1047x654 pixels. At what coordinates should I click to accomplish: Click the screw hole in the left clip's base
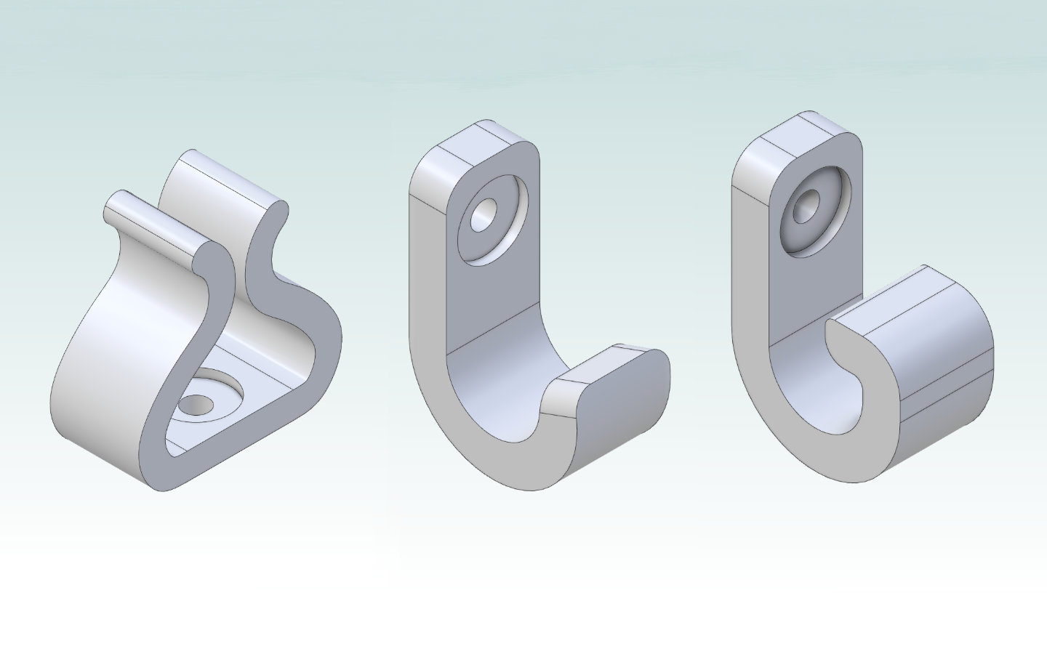195,404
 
